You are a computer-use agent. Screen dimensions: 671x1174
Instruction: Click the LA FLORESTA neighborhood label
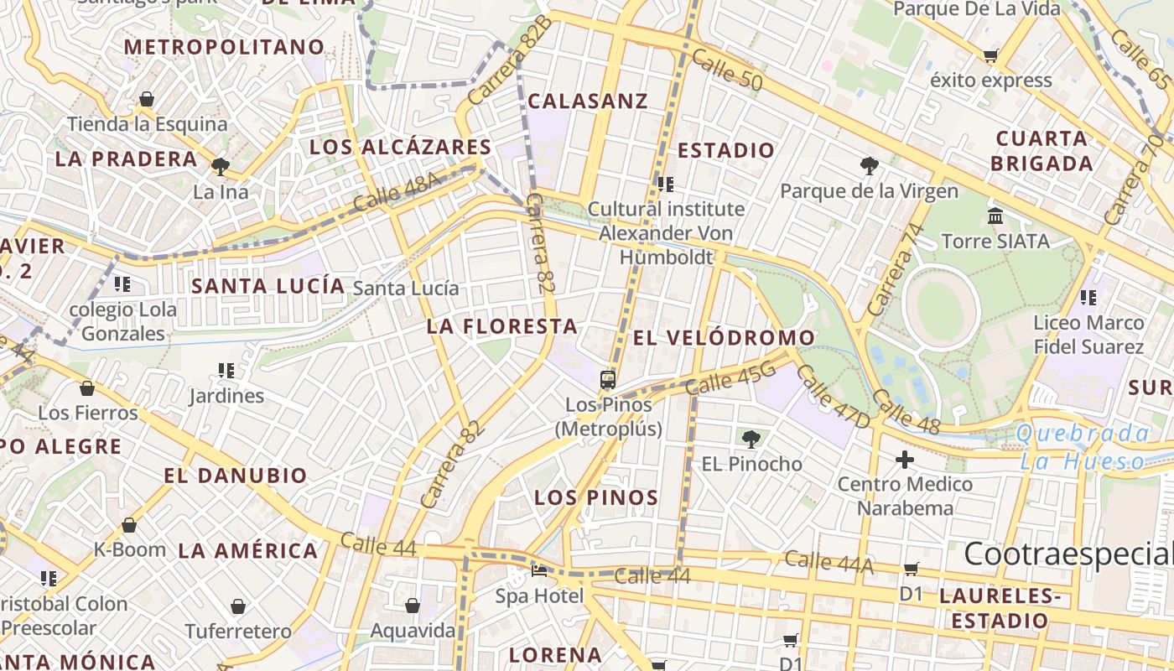(502, 326)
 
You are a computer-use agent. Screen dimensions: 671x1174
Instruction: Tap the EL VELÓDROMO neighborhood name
(724, 338)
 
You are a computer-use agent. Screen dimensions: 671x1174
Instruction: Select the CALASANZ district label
(588, 101)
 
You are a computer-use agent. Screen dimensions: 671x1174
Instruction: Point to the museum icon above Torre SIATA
(995, 216)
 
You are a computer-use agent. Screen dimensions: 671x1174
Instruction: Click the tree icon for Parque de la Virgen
(869, 166)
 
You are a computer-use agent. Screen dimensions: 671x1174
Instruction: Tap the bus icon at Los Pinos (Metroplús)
(608, 380)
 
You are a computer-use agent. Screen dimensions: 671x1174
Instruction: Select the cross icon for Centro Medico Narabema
(904, 460)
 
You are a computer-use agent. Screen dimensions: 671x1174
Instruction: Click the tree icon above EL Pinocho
(751, 438)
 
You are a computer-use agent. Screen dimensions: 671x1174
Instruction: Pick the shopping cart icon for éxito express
(990, 56)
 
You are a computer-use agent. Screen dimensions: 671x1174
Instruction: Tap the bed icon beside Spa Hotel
(539, 571)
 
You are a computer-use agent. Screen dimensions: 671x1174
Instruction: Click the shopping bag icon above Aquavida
(412, 606)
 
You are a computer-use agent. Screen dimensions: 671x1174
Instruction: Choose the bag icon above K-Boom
(128, 525)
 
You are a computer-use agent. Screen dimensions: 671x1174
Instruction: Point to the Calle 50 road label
(728, 70)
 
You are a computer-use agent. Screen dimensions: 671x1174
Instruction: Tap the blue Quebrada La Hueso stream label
(1082, 447)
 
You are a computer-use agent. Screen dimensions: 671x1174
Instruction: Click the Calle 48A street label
(397, 193)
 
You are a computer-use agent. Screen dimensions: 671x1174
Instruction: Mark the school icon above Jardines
(226, 370)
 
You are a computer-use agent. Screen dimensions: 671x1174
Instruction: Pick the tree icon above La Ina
(221, 166)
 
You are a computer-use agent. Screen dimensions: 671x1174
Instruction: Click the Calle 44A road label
(829, 563)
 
